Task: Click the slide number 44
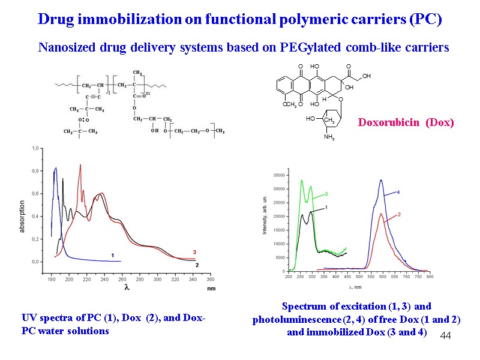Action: [x=445, y=335]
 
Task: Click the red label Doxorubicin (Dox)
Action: [x=406, y=122]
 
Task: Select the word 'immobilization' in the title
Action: [x=118, y=19]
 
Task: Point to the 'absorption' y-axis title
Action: [x=22, y=212]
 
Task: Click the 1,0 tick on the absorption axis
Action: [x=35, y=148]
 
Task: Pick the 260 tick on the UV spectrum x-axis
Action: [x=155, y=280]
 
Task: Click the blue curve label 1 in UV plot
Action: [x=112, y=255]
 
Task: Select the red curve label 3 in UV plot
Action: [x=194, y=252]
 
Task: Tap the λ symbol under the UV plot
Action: [x=127, y=288]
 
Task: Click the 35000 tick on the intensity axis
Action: [x=278, y=175]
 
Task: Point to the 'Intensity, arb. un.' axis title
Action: [x=265, y=215]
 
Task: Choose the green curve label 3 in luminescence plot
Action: [x=326, y=194]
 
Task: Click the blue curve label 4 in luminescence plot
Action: [x=398, y=192]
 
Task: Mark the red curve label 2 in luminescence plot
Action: [x=399, y=214]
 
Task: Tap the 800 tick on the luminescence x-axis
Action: [x=430, y=277]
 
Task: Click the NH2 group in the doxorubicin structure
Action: [x=329, y=137]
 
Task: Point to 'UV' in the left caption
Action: [x=28, y=319]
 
